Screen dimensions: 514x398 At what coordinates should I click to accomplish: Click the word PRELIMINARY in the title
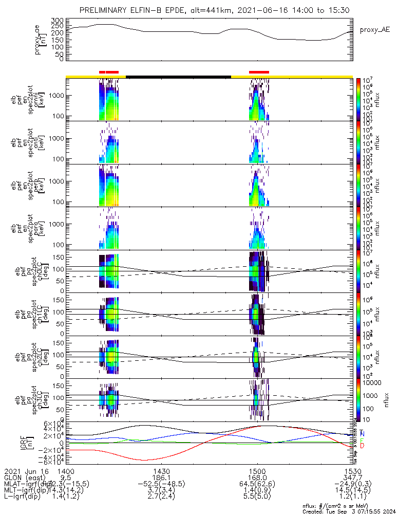coord(104,10)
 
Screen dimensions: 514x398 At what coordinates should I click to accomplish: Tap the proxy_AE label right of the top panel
coord(374,30)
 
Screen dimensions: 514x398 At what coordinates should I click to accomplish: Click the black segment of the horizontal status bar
coord(178,77)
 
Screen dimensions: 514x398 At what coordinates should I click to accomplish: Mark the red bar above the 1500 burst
coord(259,72)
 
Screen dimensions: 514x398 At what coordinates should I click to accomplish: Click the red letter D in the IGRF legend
coord(362,446)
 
